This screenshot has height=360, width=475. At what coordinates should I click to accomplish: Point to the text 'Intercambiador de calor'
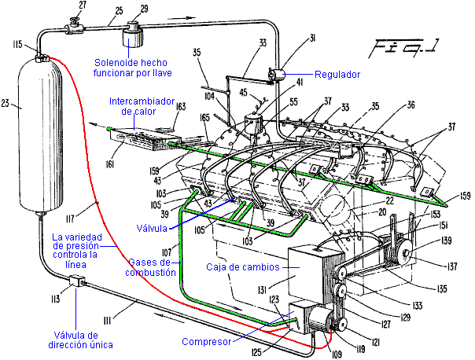141,106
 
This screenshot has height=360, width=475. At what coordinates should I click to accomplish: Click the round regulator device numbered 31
275,73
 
